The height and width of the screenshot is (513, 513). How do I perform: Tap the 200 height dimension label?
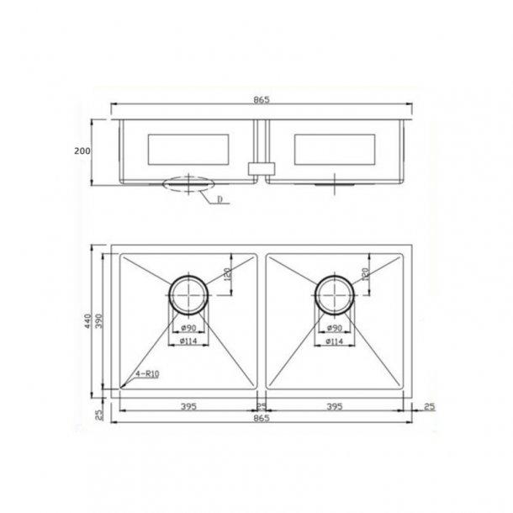point(82,151)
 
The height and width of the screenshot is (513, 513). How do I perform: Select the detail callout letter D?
point(219,200)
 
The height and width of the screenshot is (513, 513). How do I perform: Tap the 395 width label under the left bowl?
point(188,407)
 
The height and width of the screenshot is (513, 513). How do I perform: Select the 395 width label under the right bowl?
point(334,407)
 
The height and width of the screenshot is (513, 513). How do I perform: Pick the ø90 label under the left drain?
point(188,329)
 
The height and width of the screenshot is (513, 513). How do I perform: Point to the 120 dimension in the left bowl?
point(229,274)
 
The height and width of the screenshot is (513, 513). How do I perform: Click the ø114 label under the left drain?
point(188,342)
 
